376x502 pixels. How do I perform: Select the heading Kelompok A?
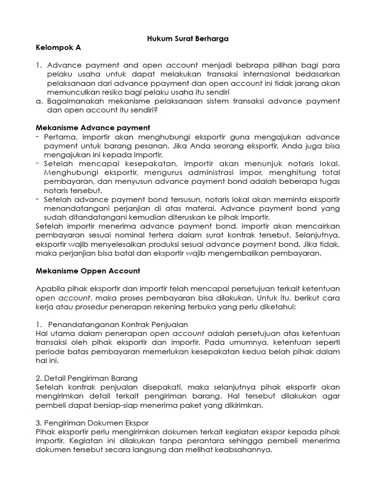tap(58, 48)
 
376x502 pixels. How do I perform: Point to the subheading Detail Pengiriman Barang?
tap(87, 378)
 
